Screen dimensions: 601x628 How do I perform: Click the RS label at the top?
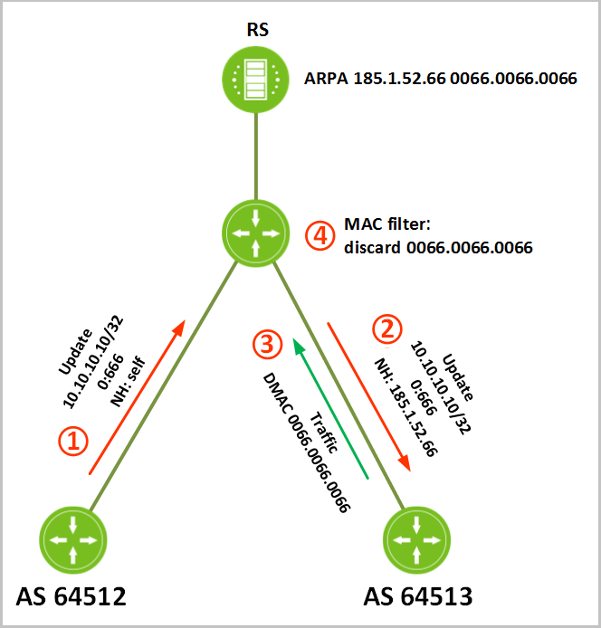tap(258, 30)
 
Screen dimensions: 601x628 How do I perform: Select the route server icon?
tap(255, 80)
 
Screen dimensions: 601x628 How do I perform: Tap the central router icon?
tap(255, 233)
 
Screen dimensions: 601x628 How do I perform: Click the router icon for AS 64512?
tap(73, 540)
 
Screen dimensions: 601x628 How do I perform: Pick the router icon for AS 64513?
tap(416, 540)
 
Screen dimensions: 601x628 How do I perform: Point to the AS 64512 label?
tap(71, 596)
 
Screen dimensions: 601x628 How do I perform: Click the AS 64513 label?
tap(418, 596)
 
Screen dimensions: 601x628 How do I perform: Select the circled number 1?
tap(73, 441)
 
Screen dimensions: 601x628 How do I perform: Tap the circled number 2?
tap(387, 329)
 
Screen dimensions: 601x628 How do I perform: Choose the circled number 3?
tap(267, 345)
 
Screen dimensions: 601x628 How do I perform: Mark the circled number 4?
tap(320, 236)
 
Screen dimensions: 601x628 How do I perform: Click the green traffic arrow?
tap(330, 408)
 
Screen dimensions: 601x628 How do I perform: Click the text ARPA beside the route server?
tap(326, 79)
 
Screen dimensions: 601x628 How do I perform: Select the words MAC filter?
tap(387, 224)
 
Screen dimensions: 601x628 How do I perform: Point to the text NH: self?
tap(128, 381)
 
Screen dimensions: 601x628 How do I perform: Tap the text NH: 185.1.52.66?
tap(405, 407)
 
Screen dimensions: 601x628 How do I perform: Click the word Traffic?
tap(324, 433)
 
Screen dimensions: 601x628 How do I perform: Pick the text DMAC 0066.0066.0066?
tap(307, 442)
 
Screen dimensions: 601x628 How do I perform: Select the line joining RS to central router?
tap(255, 157)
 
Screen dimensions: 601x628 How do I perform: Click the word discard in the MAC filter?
tap(372, 248)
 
